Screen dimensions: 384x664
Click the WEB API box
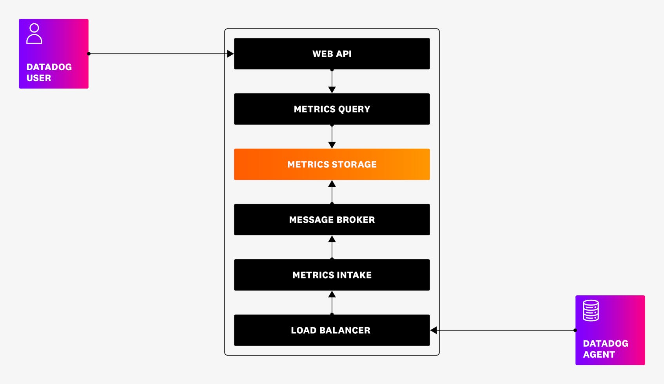pyautogui.click(x=332, y=54)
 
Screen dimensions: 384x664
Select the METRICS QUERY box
pyautogui.click(x=332, y=109)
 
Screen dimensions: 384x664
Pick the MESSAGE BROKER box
pyautogui.click(x=332, y=220)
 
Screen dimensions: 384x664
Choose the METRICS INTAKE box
pyautogui.click(x=332, y=275)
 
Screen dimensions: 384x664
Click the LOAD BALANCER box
pyautogui.click(x=332, y=330)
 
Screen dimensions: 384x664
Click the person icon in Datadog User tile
pyautogui.click(x=34, y=34)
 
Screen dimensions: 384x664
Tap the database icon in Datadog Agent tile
pyautogui.click(x=591, y=311)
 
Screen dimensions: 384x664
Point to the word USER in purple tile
pyautogui.click(x=39, y=78)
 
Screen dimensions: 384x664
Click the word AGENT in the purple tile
pyautogui.click(x=599, y=355)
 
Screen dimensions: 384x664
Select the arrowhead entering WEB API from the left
pyautogui.click(x=230, y=54)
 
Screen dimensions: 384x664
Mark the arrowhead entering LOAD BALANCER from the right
pyautogui.click(x=434, y=330)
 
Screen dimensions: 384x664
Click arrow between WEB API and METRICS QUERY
pyautogui.click(x=332, y=82)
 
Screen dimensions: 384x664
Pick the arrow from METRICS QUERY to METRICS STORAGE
pyautogui.click(x=332, y=137)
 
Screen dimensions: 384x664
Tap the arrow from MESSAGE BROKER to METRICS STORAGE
pyautogui.click(x=332, y=192)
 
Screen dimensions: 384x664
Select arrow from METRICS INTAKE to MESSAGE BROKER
pyautogui.click(x=332, y=247)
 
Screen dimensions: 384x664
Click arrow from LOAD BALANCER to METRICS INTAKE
pyautogui.click(x=332, y=302)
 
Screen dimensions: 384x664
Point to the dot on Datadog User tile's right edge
pyautogui.click(x=89, y=54)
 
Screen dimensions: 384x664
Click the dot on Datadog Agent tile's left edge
pyautogui.click(x=575, y=330)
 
